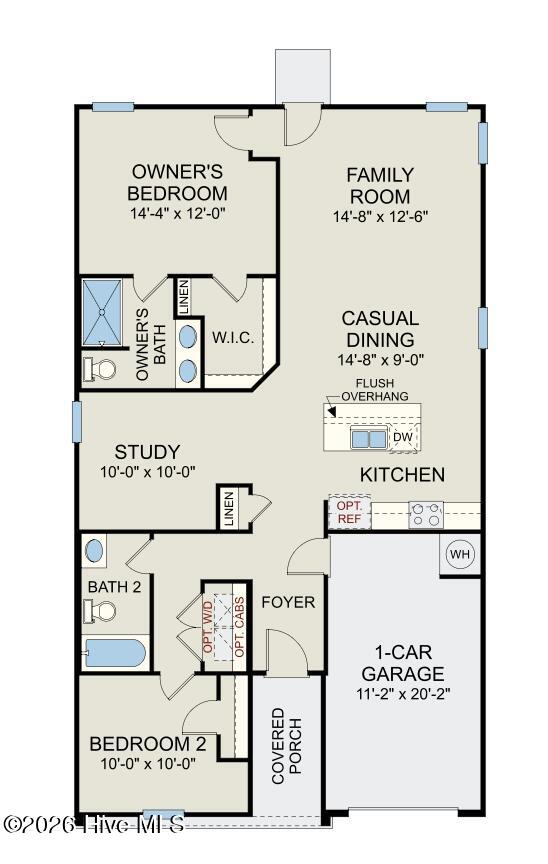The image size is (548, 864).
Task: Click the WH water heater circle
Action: (460, 554)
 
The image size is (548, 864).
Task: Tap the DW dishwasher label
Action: (403, 437)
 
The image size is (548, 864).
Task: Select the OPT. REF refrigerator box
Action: (349, 512)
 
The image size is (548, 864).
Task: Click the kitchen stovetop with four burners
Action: (426, 515)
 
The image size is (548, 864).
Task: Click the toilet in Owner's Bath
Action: (100, 369)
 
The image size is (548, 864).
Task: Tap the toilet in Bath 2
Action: (100, 611)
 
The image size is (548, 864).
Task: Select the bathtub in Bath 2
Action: (115, 652)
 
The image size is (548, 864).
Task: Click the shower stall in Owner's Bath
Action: (101, 312)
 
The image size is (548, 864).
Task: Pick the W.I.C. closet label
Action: (234, 338)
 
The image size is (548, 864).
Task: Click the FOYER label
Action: (288, 602)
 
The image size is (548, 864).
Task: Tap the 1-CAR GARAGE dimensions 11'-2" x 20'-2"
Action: (403, 694)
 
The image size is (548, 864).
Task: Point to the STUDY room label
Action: (147, 452)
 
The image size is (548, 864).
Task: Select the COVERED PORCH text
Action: (286, 746)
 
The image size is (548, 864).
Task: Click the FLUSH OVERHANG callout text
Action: (375, 390)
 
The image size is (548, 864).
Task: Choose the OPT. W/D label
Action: (208, 628)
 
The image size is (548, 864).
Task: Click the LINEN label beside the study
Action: (229, 509)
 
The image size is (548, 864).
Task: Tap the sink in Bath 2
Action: (94, 551)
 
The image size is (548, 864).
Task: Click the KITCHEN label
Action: (402, 474)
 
